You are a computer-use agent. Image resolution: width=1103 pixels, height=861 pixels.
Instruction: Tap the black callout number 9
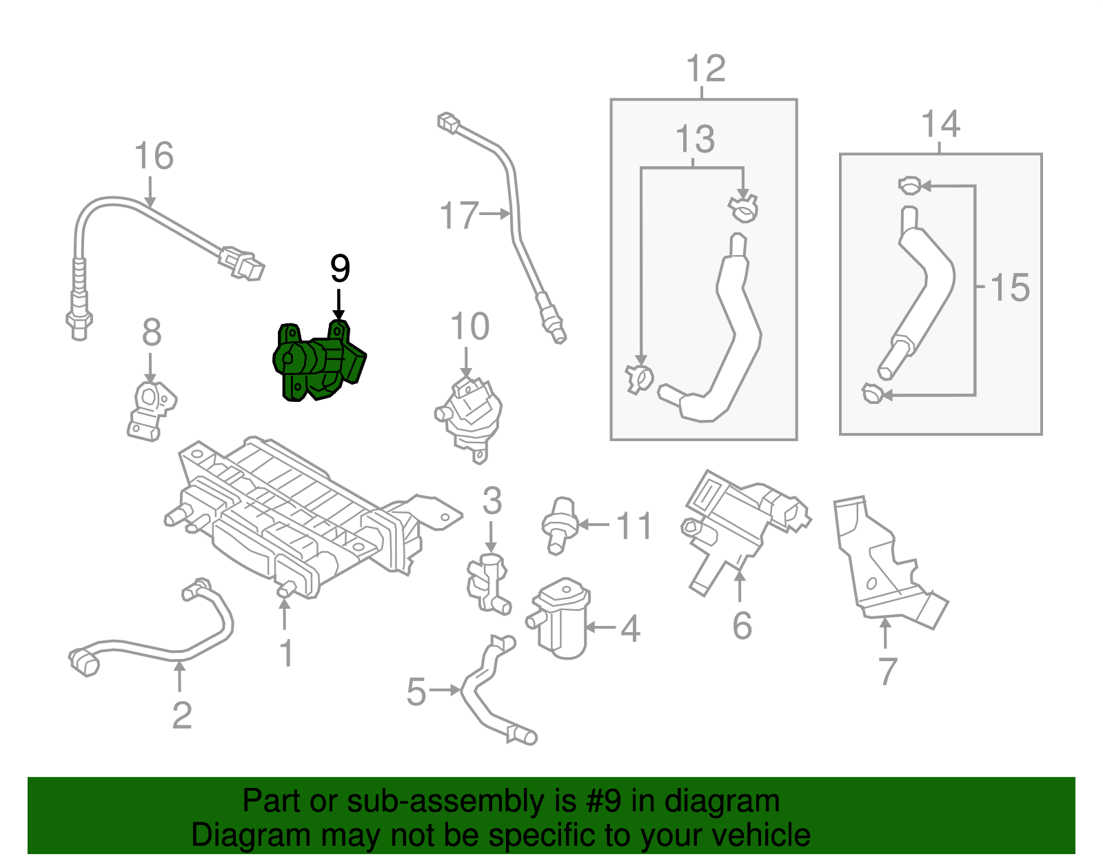click(x=340, y=269)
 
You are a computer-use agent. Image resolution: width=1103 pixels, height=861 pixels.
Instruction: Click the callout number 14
click(x=940, y=125)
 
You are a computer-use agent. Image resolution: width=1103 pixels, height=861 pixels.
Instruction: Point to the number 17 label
click(x=458, y=216)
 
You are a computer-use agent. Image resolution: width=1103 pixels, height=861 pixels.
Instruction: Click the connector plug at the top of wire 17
click(x=449, y=124)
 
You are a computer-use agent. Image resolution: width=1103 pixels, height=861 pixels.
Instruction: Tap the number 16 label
click(x=154, y=156)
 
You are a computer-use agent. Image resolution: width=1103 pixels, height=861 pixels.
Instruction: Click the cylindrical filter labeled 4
click(x=562, y=618)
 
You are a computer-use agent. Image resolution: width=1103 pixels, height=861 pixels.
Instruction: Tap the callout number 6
click(x=742, y=626)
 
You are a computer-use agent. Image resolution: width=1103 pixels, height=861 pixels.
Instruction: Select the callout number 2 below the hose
click(x=181, y=716)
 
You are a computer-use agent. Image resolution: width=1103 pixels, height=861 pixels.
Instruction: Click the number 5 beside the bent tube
click(x=416, y=692)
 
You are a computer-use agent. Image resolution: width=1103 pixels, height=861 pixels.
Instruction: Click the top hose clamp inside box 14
click(x=910, y=185)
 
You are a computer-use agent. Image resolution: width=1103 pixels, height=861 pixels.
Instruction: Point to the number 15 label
click(x=1010, y=287)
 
